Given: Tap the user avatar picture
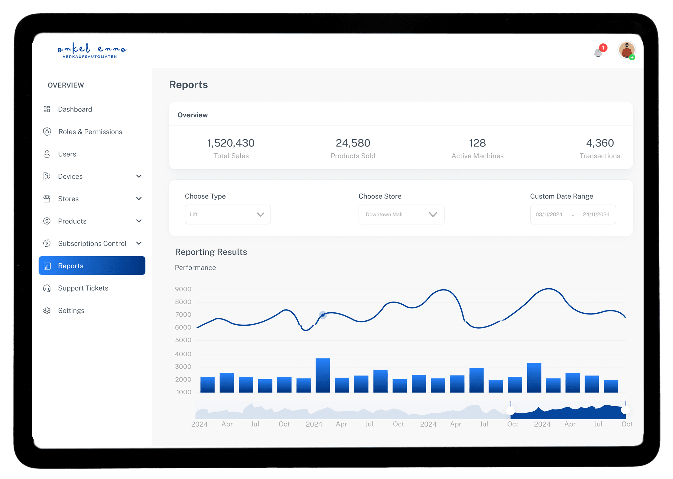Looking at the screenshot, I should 626,50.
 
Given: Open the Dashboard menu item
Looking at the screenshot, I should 75,109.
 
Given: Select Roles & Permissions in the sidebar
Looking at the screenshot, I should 90,132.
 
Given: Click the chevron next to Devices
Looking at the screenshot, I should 139,176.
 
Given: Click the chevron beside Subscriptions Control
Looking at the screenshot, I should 139,243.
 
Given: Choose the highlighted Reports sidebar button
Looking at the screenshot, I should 92,266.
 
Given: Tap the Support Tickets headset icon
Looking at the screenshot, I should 47,288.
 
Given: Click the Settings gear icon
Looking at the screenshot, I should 47,311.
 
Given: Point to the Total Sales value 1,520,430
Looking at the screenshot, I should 231,143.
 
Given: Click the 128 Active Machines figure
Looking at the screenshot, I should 477,143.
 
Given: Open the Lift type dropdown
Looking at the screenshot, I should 228,214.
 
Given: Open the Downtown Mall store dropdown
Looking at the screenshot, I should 401,214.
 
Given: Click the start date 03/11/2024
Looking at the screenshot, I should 549,214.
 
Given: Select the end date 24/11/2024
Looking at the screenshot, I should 596,214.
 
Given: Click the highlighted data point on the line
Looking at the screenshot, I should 323,315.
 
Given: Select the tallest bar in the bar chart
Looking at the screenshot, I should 323,375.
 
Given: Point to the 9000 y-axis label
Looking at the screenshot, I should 183,289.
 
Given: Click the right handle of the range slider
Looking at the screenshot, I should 625,410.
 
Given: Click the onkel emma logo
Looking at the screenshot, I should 92,50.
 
